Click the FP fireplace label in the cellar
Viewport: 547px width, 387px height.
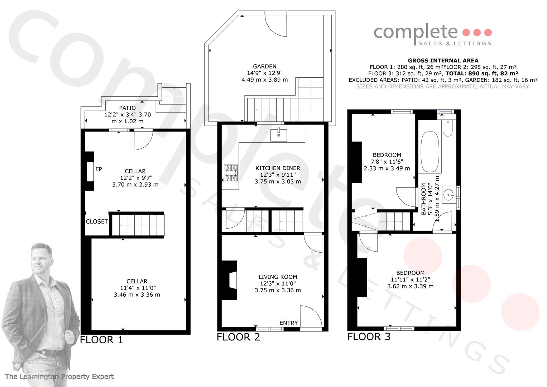[x=99, y=169]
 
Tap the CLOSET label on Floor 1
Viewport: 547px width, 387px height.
[x=97, y=221]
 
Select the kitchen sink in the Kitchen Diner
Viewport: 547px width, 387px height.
[x=279, y=135]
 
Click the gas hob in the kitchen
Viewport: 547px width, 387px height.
[x=231, y=173]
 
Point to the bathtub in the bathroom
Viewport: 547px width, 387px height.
[x=430, y=152]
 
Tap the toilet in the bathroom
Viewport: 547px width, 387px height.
[x=448, y=128]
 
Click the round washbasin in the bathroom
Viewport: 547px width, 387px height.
[x=449, y=195]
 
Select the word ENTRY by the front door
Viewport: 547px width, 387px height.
[x=289, y=323]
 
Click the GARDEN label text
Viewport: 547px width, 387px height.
[x=265, y=66]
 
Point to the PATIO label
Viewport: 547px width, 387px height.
[x=128, y=108]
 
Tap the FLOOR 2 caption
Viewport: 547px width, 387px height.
[x=238, y=337]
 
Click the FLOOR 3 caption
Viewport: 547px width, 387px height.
[x=369, y=337]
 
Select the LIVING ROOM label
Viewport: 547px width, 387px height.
[x=278, y=277]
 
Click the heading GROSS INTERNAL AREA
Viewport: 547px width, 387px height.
[x=443, y=61]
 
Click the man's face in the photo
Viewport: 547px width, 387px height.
[x=40, y=259]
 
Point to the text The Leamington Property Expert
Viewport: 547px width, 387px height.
[x=59, y=377]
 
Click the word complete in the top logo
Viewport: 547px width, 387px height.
[x=416, y=33]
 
